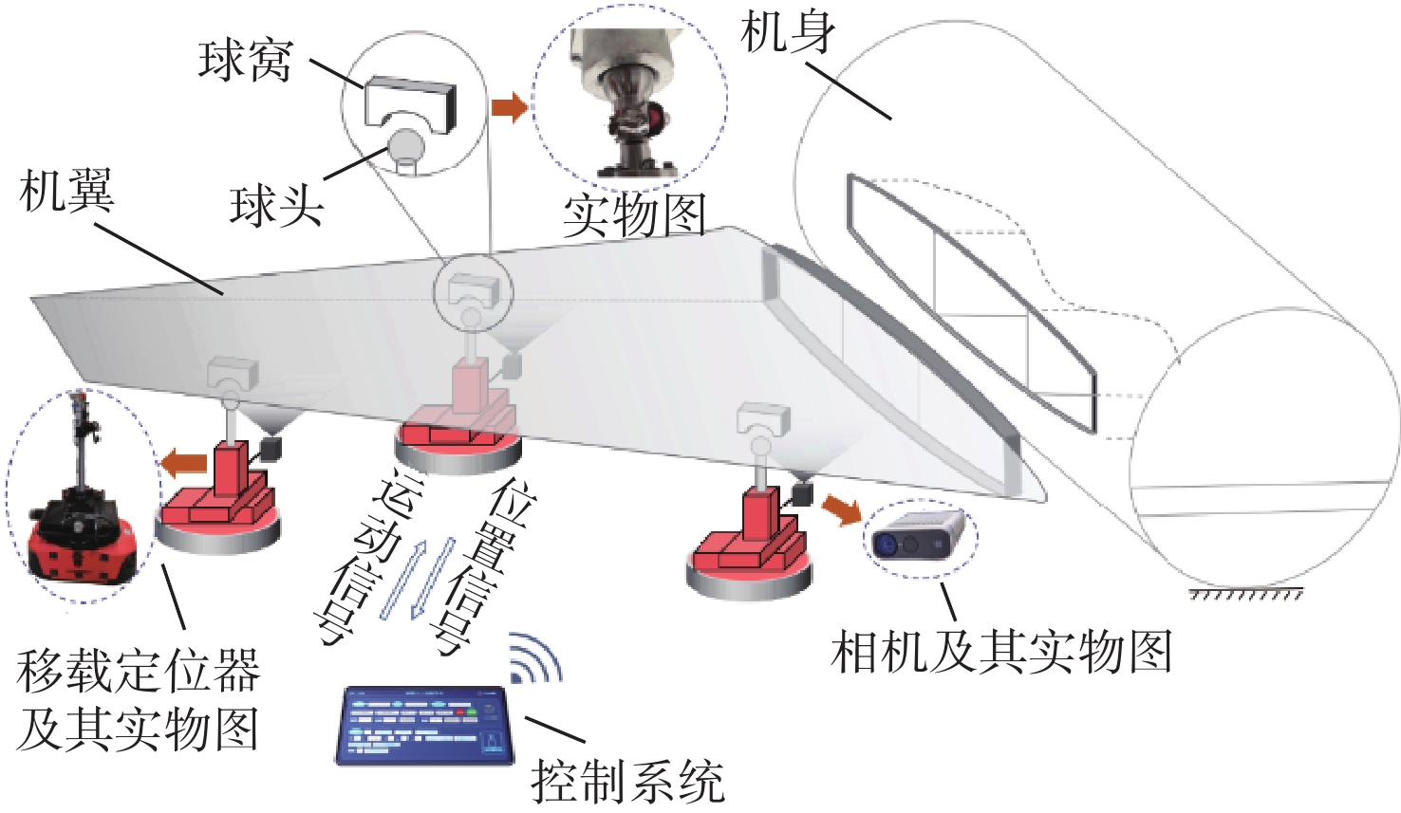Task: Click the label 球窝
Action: (x=245, y=62)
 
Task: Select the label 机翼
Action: (x=66, y=191)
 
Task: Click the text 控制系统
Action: (x=628, y=781)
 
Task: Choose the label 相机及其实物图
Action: (x=1001, y=651)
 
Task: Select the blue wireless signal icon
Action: (x=535, y=657)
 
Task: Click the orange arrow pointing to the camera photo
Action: (x=842, y=508)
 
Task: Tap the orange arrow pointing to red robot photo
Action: (x=184, y=463)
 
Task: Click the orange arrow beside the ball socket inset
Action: (x=509, y=107)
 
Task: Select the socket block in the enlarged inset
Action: (x=410, y=104)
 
